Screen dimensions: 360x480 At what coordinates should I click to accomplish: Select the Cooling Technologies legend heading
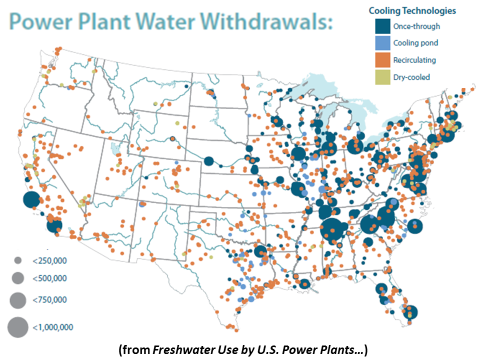412,10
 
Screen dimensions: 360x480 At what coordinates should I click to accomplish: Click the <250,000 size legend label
49,260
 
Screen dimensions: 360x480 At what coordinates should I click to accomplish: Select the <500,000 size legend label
49,278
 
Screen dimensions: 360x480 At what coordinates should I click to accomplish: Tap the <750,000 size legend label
49,300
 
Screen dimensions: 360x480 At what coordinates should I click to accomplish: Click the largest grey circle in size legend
17,327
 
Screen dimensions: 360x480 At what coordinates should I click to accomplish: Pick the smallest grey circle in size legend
17,260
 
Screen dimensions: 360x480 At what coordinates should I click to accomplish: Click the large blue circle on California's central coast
31,200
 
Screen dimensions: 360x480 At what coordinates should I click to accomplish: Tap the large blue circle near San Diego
54,225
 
